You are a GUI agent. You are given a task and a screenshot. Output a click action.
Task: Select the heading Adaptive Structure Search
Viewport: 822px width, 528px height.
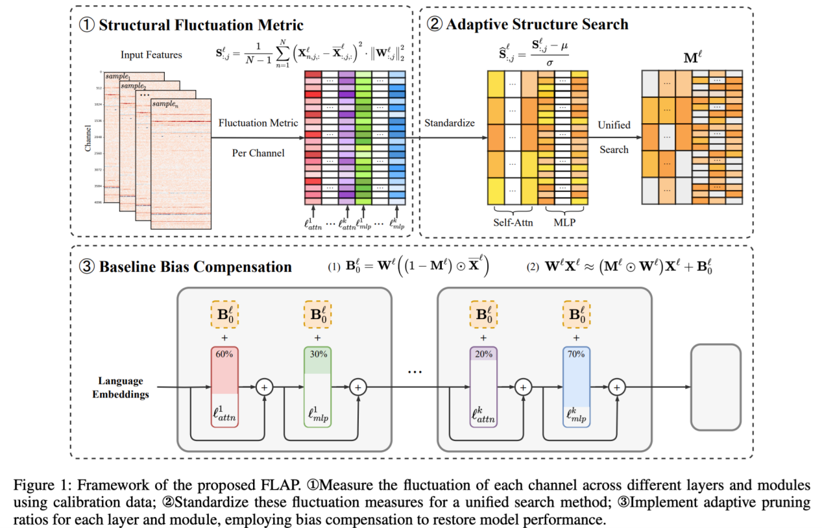coord(535,25)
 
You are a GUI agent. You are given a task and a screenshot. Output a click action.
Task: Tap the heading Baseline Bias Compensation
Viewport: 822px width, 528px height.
coord(194,267)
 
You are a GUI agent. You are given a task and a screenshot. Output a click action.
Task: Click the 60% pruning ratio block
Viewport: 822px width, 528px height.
coord(224,387)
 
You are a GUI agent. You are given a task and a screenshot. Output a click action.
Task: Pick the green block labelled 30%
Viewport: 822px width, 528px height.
coord(318,387)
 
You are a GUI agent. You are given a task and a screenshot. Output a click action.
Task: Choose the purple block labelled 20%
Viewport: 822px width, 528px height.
coord(483,387)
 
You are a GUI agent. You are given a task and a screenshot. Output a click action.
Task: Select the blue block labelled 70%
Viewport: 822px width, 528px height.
coord(576,387)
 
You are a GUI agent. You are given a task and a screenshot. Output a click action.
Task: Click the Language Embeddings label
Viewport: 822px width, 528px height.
coord(121,387)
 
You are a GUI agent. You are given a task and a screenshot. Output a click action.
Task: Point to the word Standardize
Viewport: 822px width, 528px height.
coord(450,122)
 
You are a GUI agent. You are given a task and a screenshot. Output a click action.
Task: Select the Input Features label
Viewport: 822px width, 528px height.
coord(151,55)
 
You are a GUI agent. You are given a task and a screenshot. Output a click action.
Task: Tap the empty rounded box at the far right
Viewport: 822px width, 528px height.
coord(716,387)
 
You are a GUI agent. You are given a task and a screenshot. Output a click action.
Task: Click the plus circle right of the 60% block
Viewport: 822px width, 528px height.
coord(264,387)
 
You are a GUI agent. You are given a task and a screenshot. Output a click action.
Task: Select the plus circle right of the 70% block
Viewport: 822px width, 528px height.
coord(617,387)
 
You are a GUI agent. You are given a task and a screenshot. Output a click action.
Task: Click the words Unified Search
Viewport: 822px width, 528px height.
coord(614,137)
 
